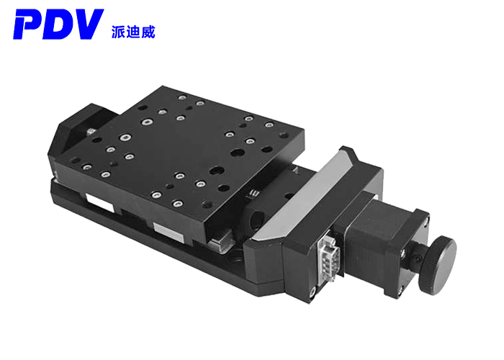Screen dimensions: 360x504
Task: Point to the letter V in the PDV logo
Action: (87, 26)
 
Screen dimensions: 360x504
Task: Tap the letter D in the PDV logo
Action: (59, 26)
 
